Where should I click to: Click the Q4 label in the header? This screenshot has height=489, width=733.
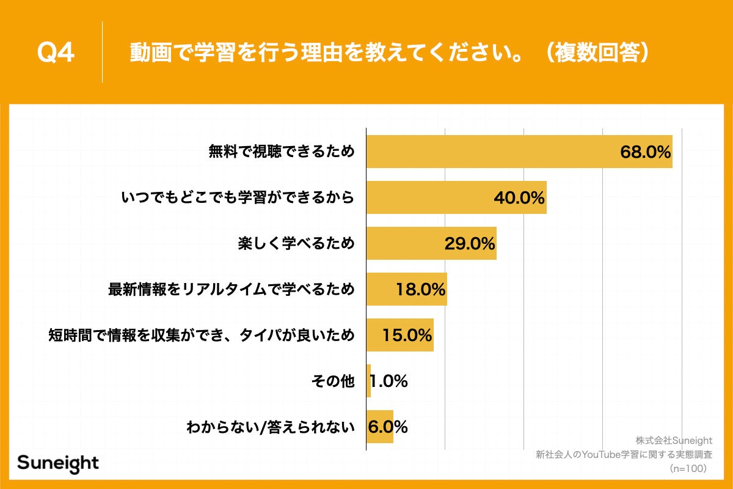[x=56, y=53]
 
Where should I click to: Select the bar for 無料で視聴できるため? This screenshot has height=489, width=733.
[x=489, y=152]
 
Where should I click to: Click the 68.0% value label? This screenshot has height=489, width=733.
[x=646, y=152]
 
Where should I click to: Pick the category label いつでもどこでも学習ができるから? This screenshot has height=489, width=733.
[x=238, y=197]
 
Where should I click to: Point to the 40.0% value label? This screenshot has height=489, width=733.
[x=519, y=198]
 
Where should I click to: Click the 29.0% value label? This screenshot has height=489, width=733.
[x=469, y=244]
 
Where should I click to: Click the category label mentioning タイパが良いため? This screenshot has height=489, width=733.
[x=202, y=335]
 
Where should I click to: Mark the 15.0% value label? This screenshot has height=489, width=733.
[x=407, y=336]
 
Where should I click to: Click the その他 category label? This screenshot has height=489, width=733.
[x=332, y=381]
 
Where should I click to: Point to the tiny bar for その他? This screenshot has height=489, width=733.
[x=368, y=381]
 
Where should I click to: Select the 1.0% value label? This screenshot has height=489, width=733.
[x=389, y=381]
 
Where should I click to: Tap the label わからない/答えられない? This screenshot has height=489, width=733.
[x=270, y=427]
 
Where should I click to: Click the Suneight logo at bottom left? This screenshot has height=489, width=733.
[x=57, y=463]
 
